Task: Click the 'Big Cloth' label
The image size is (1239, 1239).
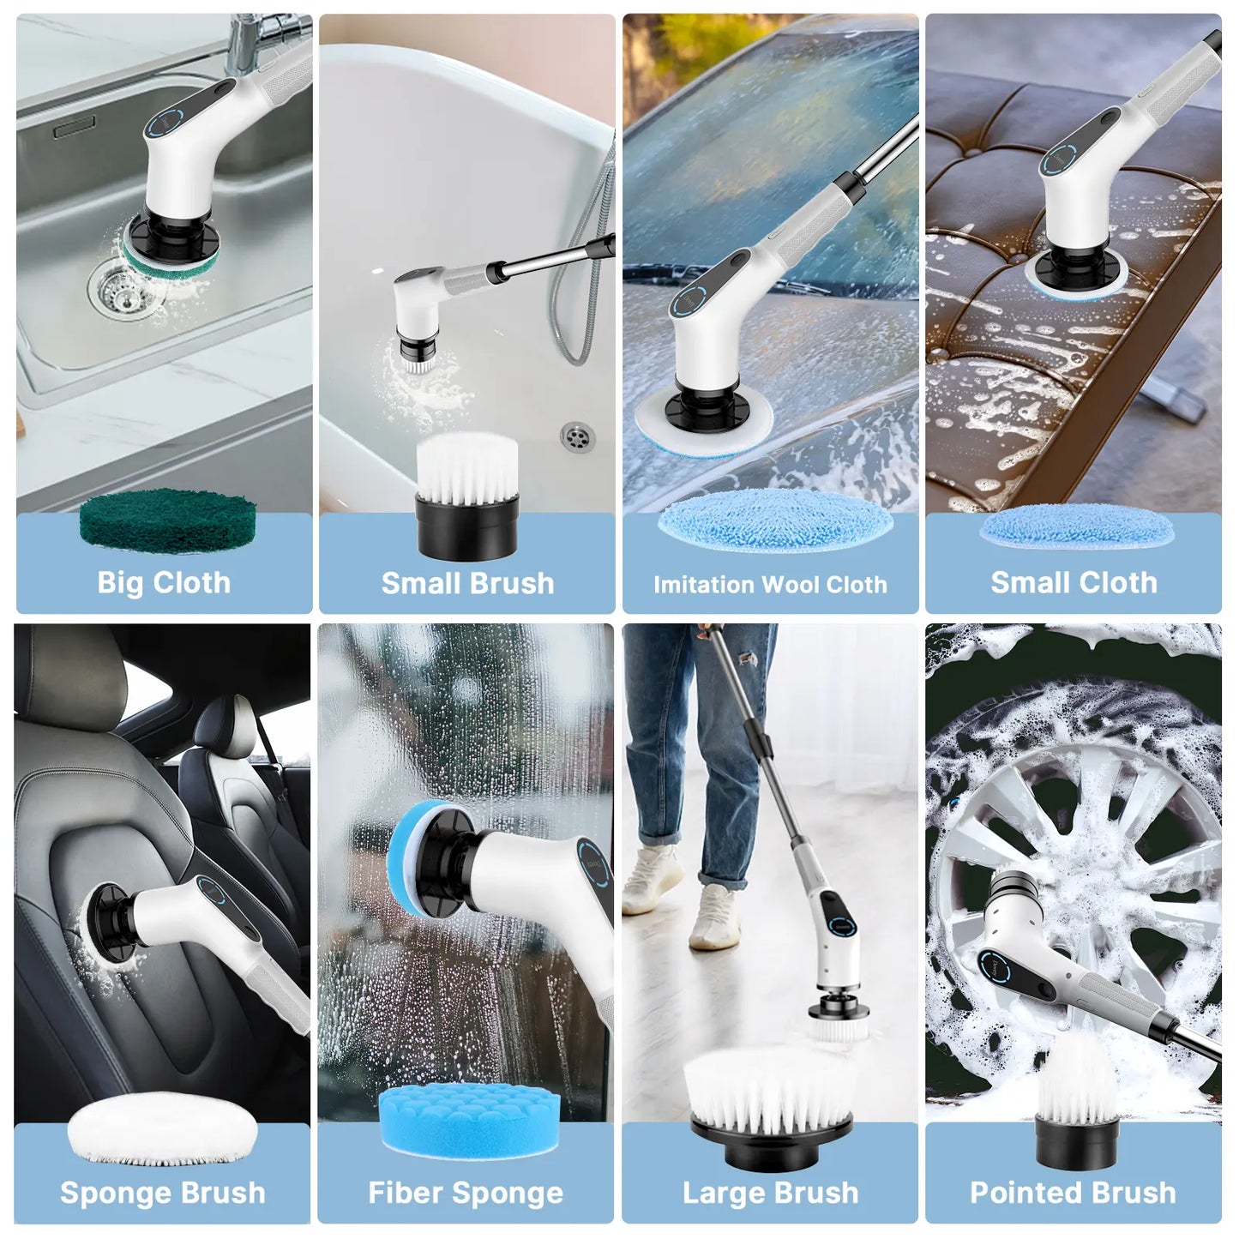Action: [164, 583]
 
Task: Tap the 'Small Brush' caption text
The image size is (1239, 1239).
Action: [467, 583]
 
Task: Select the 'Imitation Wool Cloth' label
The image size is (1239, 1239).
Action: [770, 585]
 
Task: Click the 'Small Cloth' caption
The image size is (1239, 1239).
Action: [1074, 583]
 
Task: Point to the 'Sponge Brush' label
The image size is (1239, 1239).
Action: [163, 1193]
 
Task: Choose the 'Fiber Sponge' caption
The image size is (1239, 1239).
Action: [466, 1193]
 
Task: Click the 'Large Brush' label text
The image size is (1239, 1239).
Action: [770, 1193]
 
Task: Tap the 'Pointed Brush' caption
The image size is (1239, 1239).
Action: [1073, 1193]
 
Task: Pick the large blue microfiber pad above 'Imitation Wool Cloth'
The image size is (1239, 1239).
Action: [774, 520]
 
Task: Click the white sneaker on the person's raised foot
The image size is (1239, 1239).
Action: [717, 917]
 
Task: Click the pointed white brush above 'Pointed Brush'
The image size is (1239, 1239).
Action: [1075, 1085]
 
